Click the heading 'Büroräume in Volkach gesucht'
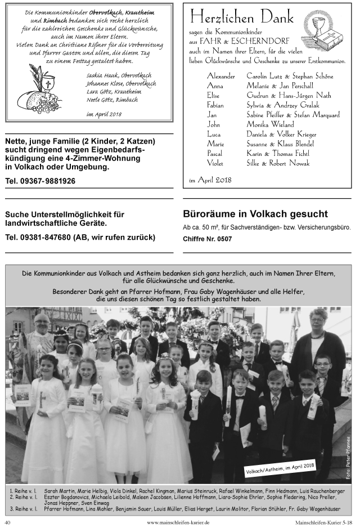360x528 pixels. coord(255,214)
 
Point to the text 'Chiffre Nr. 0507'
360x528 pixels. coord(207,239)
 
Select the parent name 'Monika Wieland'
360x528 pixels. coord(270,124)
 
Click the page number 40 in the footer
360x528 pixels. coord(8,522)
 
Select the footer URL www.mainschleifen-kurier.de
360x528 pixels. coord(178,522)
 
